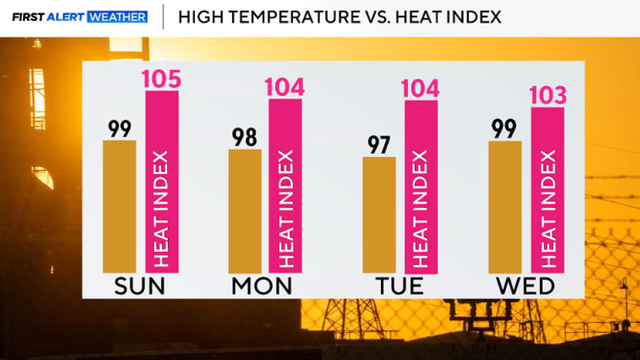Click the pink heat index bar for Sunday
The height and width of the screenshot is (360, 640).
(162, 182)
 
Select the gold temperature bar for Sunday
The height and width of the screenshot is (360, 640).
(119, 207)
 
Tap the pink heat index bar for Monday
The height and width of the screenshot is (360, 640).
(285, 186)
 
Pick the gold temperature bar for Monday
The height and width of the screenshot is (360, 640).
(245, 211)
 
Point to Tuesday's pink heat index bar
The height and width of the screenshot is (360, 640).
(421, 187)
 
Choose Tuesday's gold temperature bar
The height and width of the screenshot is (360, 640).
(379, 215)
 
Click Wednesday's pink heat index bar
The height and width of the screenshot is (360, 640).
(548, 190)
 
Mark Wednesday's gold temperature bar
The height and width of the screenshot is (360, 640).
(505, 207)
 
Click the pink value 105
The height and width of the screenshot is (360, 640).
(162, 79)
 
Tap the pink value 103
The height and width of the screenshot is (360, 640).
(548, 96)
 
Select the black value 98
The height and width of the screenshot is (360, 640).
(244, 138)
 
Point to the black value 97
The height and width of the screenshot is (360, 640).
(379, 145)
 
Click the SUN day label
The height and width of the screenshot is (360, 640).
(140, 286)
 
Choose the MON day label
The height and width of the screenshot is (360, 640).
(262, 286)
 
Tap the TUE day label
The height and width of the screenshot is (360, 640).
(400, 286)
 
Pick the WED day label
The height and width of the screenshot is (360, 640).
(525, 286)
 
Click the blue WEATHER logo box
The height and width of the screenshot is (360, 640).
(118, 17)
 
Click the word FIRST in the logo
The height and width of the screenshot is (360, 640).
(28, 17)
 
